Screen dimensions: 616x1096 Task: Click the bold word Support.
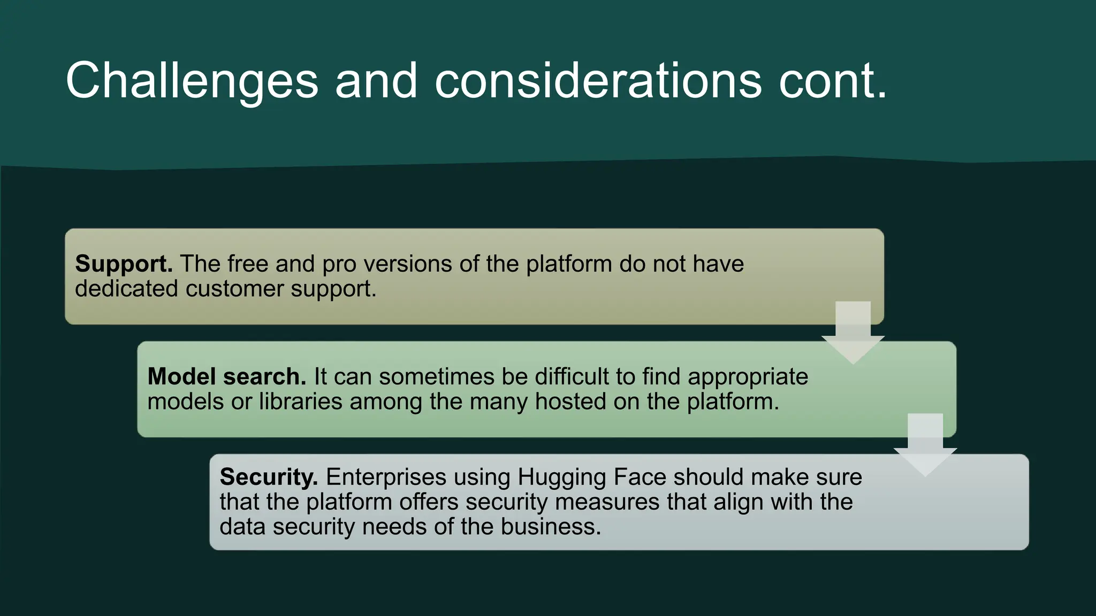pos(124,264)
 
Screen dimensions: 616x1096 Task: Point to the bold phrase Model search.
pos(226,377)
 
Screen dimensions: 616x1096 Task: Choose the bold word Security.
pos(269,477)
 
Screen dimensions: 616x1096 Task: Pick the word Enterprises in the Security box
pos(386,477)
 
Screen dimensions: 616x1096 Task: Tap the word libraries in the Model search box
pos(300,402)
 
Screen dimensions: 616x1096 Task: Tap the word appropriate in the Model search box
pos(748,378)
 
